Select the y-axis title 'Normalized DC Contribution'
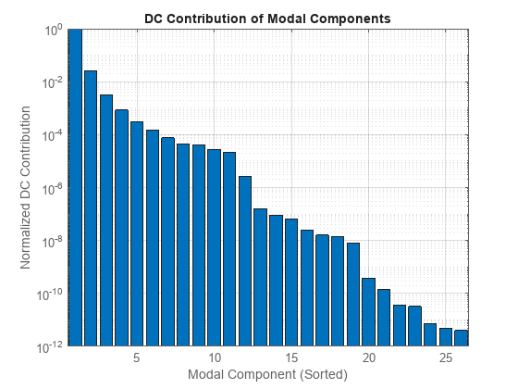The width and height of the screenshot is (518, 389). [26, 188]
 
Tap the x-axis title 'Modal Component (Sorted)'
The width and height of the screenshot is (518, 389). [267, 375]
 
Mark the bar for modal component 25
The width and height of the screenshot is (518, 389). [446, 337]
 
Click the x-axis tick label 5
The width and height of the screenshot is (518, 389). [137, 358]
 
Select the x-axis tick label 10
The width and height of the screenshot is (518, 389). [215, 358]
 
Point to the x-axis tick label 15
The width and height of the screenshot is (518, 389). [291, 358]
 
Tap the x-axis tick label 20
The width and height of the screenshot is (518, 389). [369, 358]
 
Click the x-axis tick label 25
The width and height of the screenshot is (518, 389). [446, 358]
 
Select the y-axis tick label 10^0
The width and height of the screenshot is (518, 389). [51, 30]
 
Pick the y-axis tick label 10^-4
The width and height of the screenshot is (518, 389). [50, 135]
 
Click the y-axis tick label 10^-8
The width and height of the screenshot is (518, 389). [50, 242]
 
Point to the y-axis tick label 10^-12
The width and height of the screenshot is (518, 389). [48, 347]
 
